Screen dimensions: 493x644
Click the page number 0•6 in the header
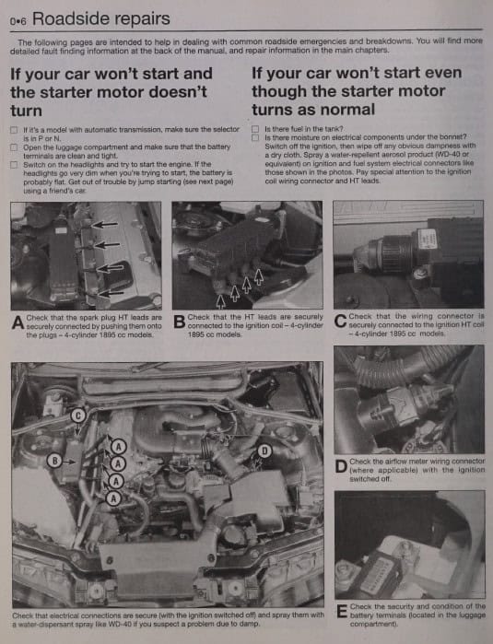[18, 21]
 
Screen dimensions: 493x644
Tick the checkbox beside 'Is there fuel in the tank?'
[255, 129]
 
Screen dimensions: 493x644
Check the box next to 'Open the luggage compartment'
[14, 147]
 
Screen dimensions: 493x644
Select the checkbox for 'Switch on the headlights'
[14, 165]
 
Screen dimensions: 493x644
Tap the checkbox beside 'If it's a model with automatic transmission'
[14, 130]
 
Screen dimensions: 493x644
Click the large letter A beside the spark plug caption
[18, 322]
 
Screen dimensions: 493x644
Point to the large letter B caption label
[180, 322]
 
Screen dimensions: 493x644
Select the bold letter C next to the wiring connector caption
[341, 321]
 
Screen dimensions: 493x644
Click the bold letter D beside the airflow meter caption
[341, 466]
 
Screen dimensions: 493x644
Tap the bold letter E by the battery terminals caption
[342, 611]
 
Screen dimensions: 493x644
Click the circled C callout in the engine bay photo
[78, 416]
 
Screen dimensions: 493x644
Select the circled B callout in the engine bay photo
[54, 461]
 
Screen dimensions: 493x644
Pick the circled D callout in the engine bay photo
[264, 451]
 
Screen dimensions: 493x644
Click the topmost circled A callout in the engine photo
[119, 447]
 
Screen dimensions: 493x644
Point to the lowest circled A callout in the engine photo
[113, 498]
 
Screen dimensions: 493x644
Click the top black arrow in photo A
[104, 225]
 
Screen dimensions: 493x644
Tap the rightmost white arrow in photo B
[258, 276]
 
